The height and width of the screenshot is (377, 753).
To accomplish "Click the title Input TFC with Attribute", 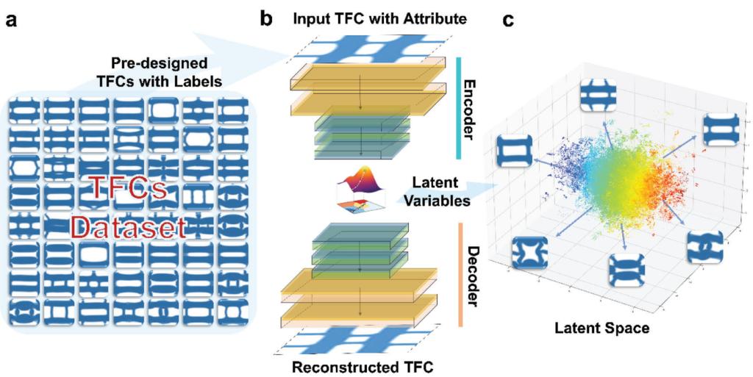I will tap(379, 18).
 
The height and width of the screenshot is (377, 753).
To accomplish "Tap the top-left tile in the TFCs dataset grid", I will tap(24, 112).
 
